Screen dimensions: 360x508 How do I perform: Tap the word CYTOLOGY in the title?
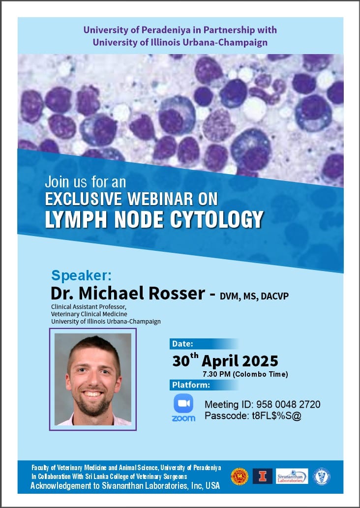click(217, 219)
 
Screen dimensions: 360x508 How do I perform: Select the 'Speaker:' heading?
click(81, 276)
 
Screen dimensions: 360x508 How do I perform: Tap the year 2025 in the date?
click(260, 361)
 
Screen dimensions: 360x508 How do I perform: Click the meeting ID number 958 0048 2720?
click(288, 404)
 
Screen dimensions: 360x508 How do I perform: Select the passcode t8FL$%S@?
click(277, 416)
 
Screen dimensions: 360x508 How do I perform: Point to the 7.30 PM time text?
click(216, 374)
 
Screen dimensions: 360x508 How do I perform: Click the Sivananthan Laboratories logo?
click(292, 476)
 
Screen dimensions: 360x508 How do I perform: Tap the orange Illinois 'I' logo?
click(263, 476)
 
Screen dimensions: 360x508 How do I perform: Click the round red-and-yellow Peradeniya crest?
click(240, 477)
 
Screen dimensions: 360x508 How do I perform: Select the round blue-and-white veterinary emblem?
click(322, 477)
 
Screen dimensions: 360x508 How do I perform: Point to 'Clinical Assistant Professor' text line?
click(89, 306)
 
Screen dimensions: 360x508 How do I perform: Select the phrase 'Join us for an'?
click(85, 182)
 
